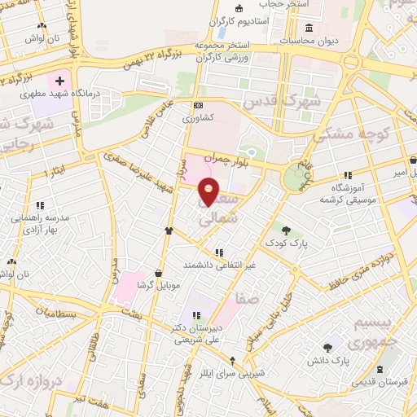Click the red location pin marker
tap(209, 191)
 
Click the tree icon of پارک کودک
tap(285, 229)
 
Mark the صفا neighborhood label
tap(249, 298)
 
